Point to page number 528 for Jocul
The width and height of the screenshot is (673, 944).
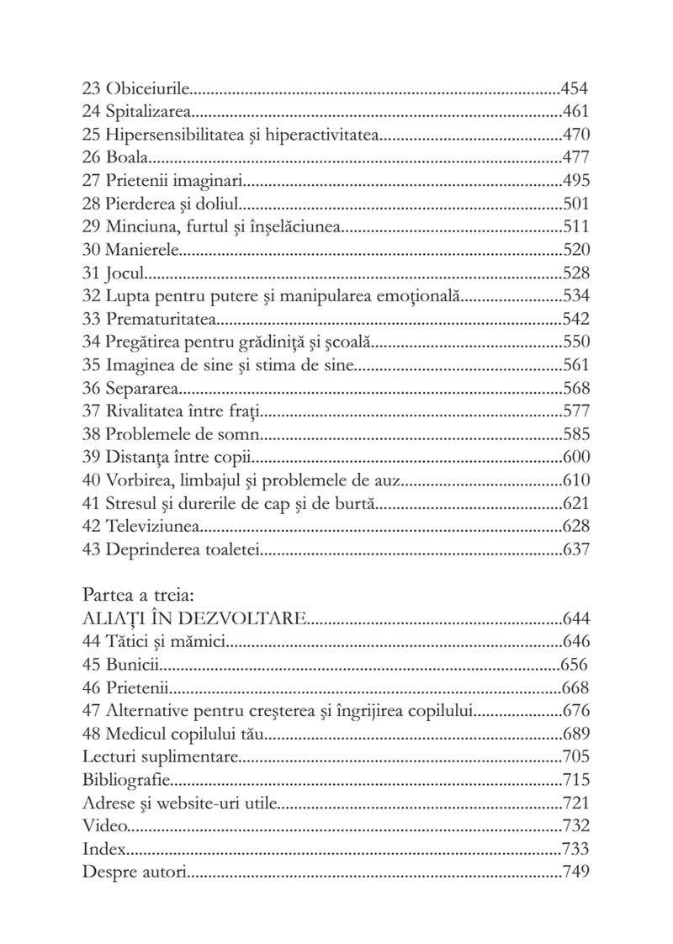click(576, 273)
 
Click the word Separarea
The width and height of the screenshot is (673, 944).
click(145, 388)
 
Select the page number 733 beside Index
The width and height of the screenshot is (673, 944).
click(576, 848)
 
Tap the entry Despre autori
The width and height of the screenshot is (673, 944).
click(135, 871)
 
